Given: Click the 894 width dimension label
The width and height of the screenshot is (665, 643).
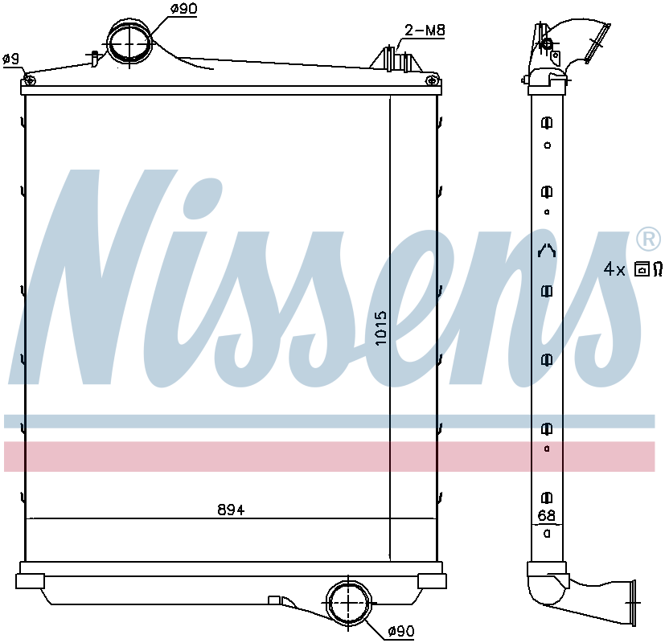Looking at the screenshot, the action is (231, 509).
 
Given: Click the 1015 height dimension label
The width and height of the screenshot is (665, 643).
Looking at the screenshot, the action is (381, 328).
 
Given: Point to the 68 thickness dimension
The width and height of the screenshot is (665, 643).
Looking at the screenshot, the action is (546, 515).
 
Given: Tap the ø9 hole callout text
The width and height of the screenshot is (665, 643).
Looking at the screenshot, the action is (11, 59).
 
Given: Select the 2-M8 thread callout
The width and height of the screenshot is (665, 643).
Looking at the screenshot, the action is (425, 30).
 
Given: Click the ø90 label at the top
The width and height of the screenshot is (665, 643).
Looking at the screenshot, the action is (183, 9).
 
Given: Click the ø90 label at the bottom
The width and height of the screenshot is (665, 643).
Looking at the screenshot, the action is (401, 631).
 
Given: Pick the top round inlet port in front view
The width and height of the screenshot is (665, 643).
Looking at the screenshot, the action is (129, 43).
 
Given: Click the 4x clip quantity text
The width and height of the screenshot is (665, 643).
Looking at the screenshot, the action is (614, 269).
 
